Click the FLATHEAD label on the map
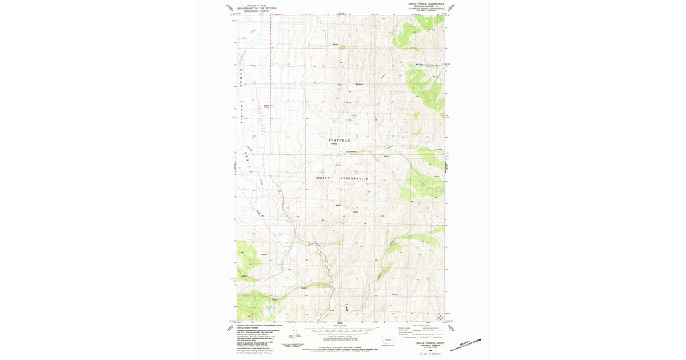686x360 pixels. tap(339, 140)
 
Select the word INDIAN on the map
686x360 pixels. tap(323, 178)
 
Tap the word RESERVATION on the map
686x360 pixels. tap(354, 178)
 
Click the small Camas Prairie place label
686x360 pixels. tap(266, 106)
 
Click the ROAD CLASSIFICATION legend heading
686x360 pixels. tap(420, 325)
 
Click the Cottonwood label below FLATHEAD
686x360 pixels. tap(350, 151)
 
